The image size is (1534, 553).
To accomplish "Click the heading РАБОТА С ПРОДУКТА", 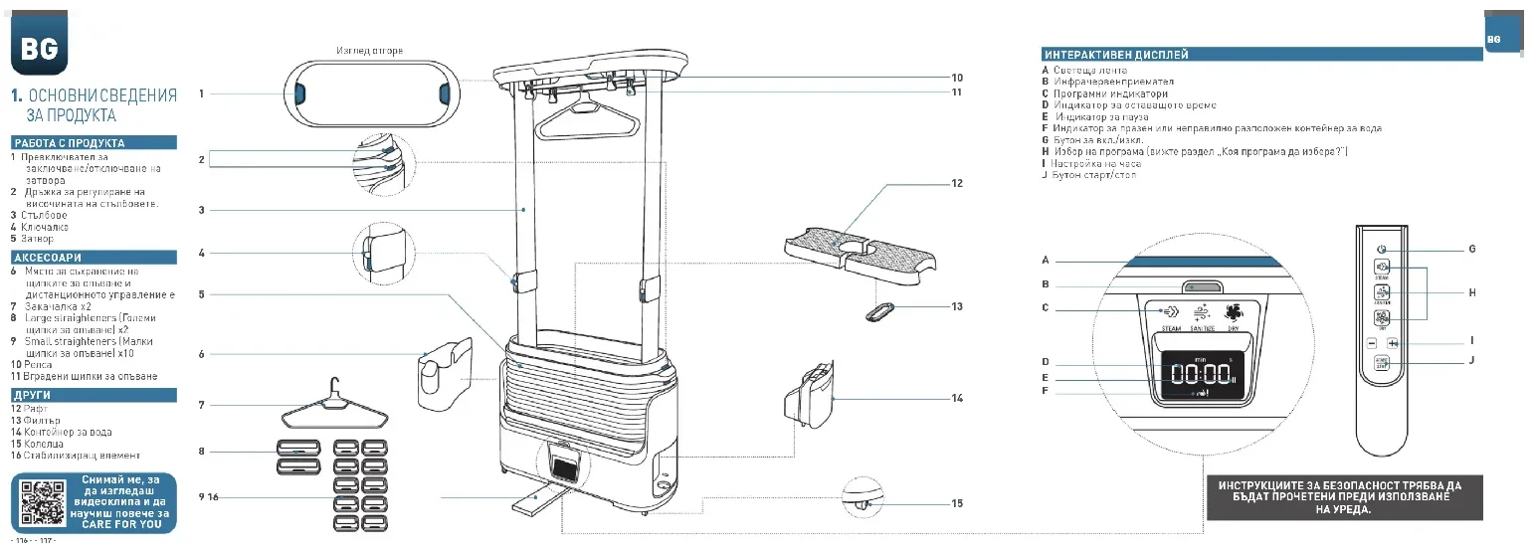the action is tap(70, 143).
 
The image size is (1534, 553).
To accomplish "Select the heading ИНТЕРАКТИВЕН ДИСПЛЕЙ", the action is tap(1115, 55).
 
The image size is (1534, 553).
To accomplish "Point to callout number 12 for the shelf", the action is tap(957, 183).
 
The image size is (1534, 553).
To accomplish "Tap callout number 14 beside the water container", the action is tap(957, 398).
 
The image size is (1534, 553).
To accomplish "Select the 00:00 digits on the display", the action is tap(1201, 375).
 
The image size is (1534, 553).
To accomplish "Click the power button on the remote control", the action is tap(1381, 249).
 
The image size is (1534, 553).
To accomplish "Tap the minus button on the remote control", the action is tap(1371, 343).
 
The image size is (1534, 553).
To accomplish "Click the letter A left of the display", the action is tap(1046, 260).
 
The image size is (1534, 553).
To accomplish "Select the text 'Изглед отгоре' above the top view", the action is tap(369, 51).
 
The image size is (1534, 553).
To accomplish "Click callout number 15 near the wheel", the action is tap(957, 503).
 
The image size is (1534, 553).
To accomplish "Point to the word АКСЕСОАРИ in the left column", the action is tap(47, 258).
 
